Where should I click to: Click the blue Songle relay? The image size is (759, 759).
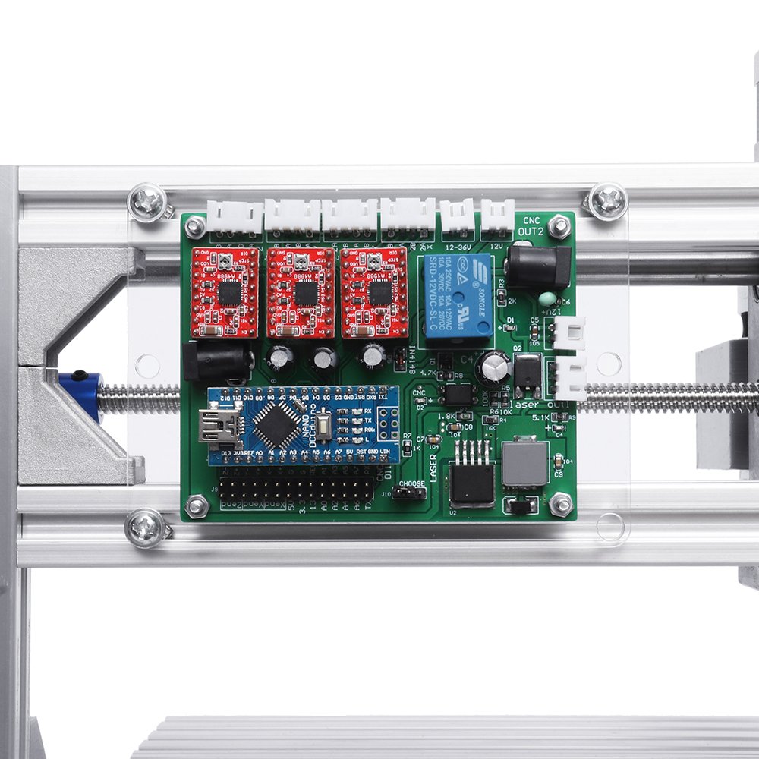coord(455,296)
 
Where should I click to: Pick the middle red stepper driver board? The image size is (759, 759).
coord(301,292)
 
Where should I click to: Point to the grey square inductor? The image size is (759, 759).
coord(525,462)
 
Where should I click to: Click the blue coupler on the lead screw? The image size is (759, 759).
coord(82,395)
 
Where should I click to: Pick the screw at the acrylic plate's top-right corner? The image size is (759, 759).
coord(607,201)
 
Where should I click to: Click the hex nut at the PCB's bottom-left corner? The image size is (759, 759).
coord(197,505)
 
